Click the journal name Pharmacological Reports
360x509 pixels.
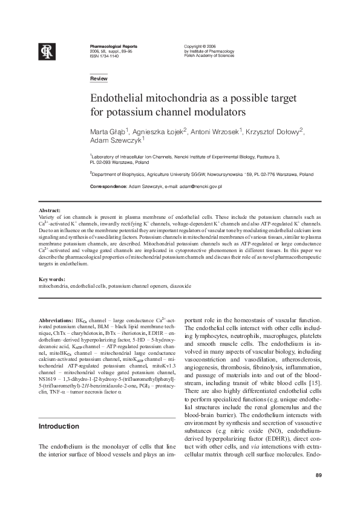tap(113, 47)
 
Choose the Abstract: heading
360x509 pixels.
tap(50, 210)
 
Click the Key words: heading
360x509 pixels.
tap(51, 279)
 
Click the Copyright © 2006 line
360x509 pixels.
tap(200, 47)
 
